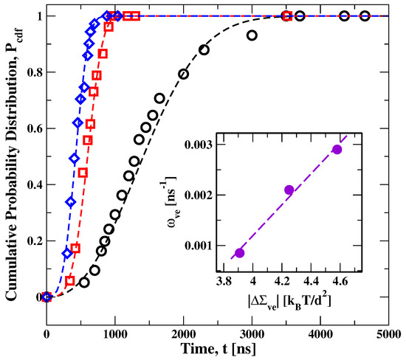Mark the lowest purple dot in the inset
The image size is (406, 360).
(x=239, y=253)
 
